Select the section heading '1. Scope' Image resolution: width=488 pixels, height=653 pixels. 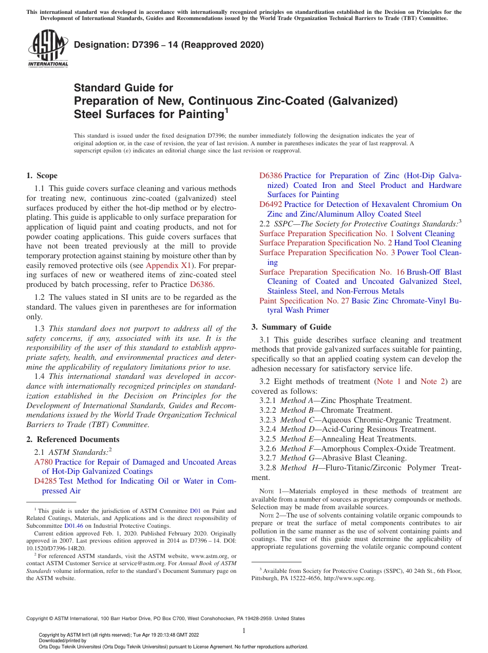tap(42, 176)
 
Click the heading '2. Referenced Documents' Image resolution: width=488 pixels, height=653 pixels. tap(73, 439)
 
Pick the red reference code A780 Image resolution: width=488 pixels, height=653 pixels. tap(43, 462)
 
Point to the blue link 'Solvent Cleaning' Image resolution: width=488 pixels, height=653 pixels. tap(425, 234)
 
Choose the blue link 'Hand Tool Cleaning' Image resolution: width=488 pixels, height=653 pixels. tap(428, 243)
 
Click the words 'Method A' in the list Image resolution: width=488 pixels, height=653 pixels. tap(296, 400)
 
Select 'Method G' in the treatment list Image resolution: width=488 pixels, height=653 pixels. tap(297, 458)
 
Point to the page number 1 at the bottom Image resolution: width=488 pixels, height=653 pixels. tap(244, 631)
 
